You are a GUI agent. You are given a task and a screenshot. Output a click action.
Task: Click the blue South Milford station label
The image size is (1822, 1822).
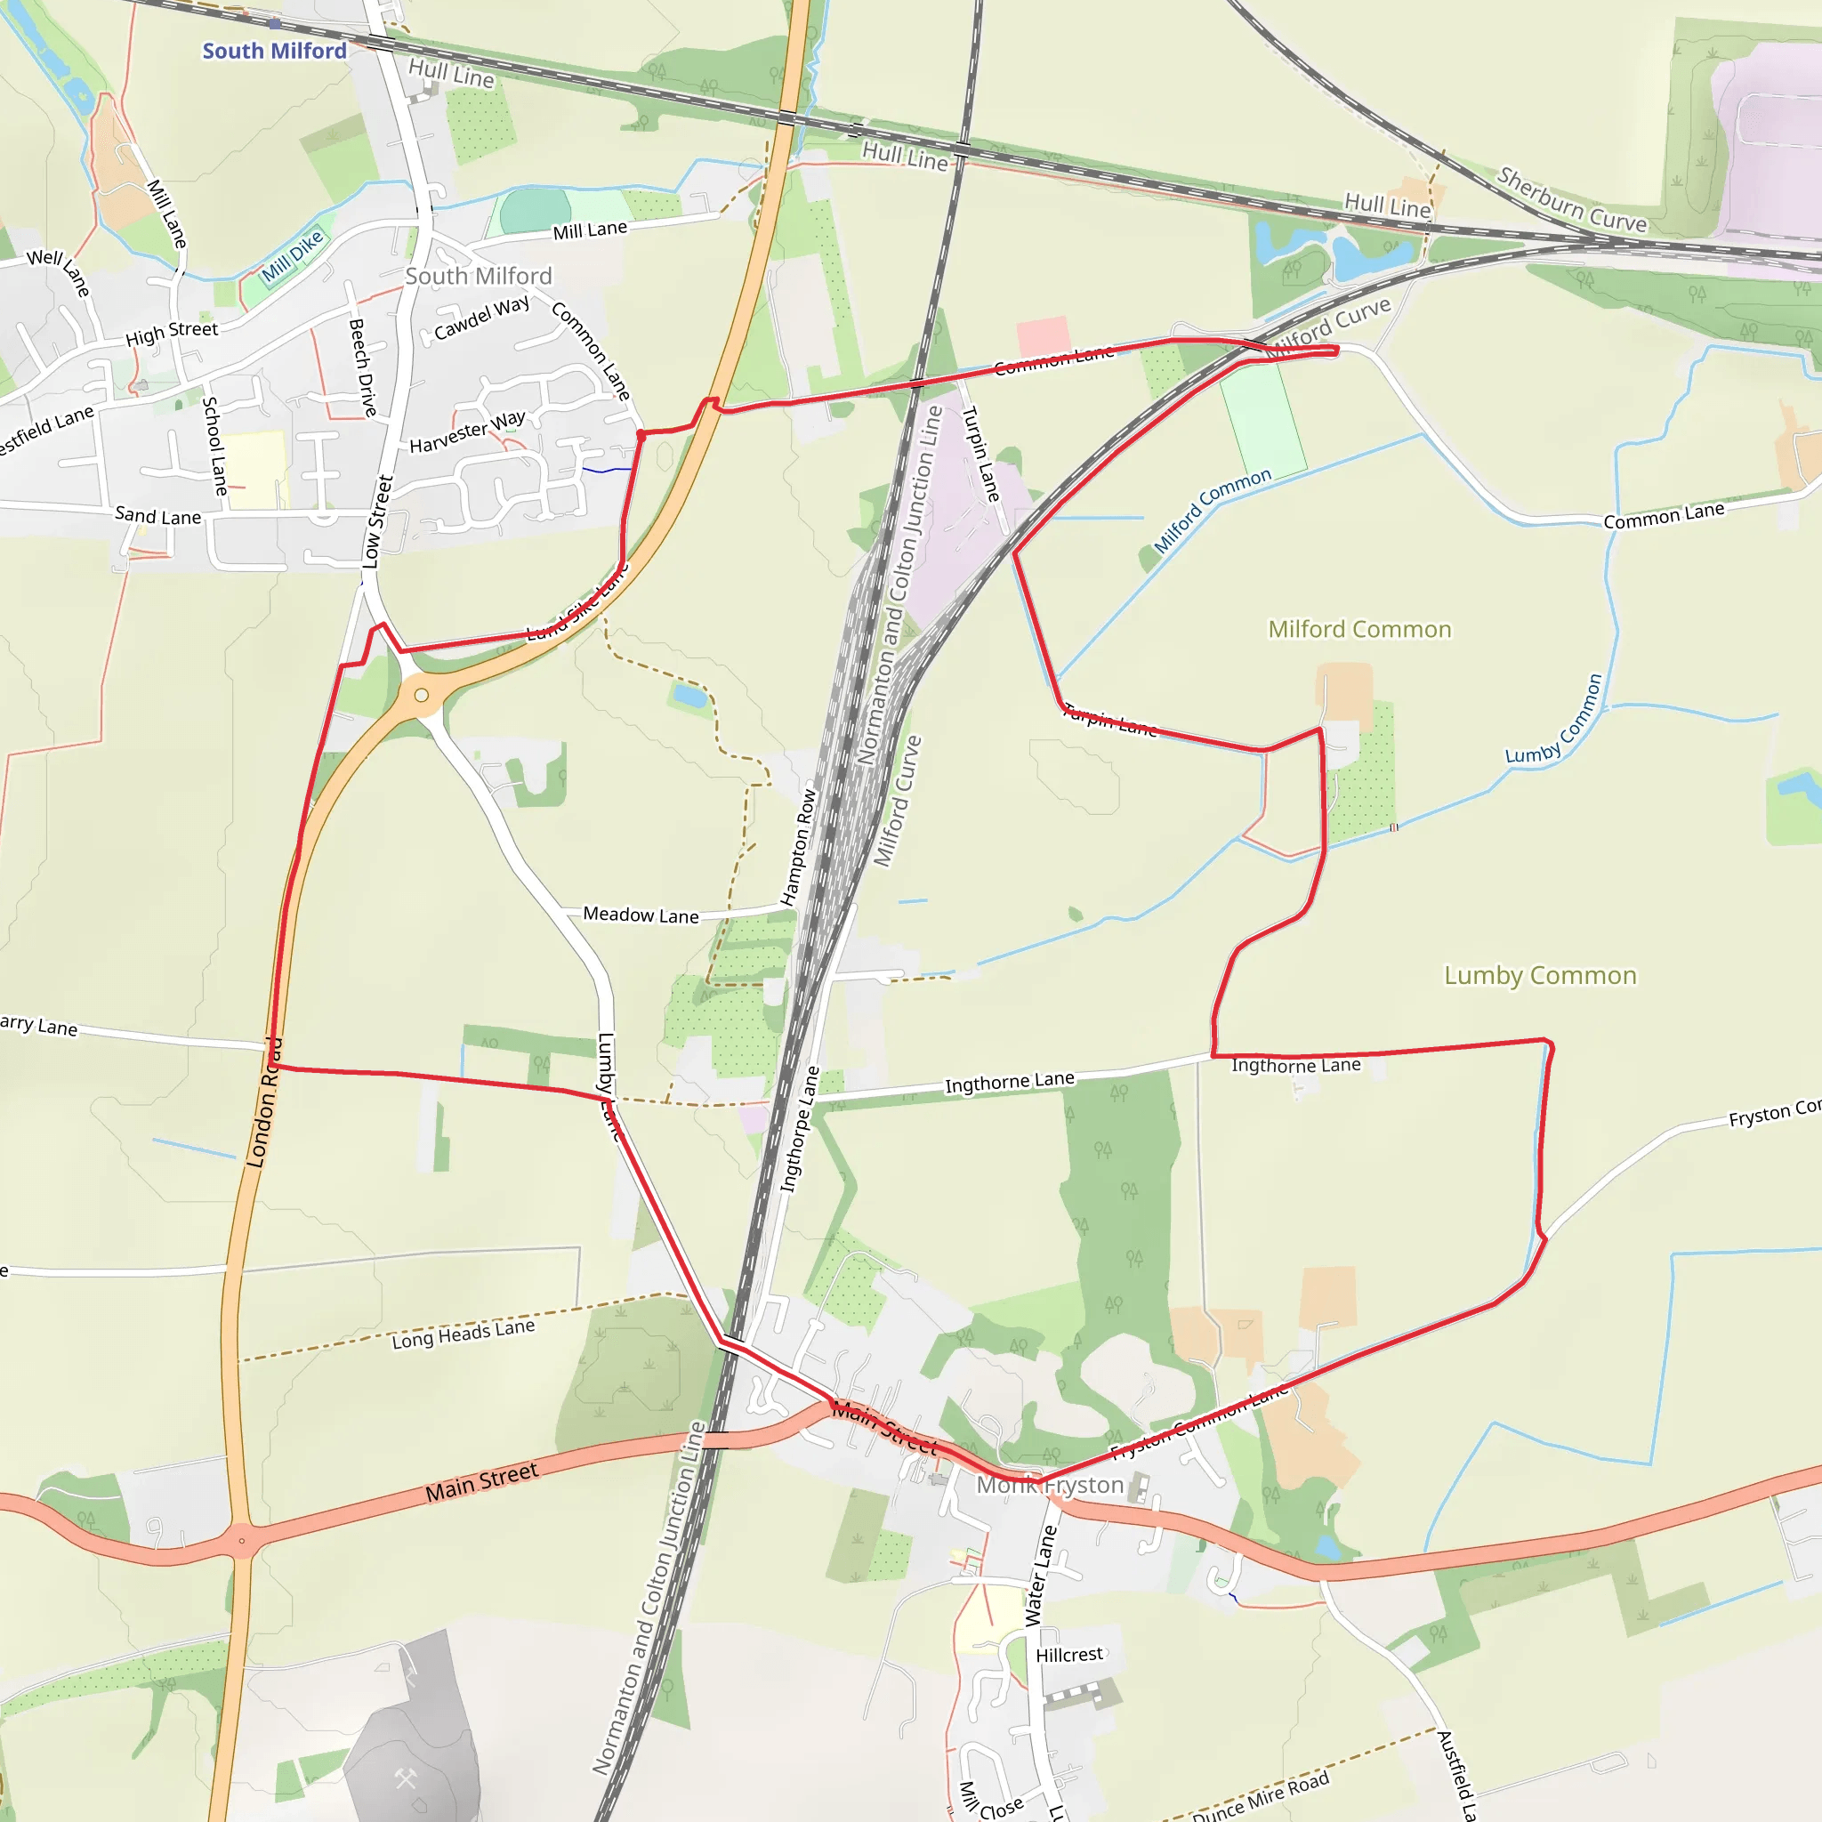pyautogui.click(x=274, y=51)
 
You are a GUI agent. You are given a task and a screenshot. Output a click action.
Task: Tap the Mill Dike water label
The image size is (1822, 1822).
pyautogui.click(x=293, y=255)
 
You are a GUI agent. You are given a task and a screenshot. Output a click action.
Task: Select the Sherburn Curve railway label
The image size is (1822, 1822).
pyautogui.click(x=1571, y=199)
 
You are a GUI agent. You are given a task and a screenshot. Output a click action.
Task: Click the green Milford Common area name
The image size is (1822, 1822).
pyautogui.click(x=1359, y=629)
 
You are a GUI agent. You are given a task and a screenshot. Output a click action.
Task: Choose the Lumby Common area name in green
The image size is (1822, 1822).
pyautogui.click(x=1540, y=975)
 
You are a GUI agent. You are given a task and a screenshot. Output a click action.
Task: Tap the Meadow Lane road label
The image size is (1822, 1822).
pyautogui.click(x=641, y=915)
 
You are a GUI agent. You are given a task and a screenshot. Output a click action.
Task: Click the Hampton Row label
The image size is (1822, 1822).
pyautogui.click(x=798, y=847)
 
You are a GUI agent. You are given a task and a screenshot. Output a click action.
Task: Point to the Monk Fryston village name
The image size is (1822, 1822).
pyautogui.click(x=1050, y=1486)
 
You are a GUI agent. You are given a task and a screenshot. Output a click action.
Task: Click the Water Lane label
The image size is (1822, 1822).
pyautogui.click(x=1040, y=1576)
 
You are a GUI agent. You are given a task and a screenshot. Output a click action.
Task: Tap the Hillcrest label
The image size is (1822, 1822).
pyautogui.click(x=1068, y=1655)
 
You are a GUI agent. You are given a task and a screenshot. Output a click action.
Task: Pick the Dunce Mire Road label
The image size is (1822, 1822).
pyautogui.click(x=1260, y=1796)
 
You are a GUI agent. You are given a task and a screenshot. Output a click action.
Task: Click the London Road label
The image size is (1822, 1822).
pyautogui.click(x=263, y=1103)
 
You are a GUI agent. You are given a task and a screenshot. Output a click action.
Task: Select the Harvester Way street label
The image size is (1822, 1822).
pyautogui.click(x=467, y=431)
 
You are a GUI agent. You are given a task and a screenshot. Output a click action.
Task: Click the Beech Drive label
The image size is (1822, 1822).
pyautogui.click(x=363, y=367)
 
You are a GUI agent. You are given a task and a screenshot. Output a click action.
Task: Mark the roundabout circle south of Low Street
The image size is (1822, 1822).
pyautogui.click(x=422, y=695)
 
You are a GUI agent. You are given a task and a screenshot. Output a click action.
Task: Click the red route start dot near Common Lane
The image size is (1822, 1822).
pyautogui.click(x=641, y=435)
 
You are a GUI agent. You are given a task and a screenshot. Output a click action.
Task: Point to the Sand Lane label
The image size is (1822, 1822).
pyautogui.click(x=157, y=516)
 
